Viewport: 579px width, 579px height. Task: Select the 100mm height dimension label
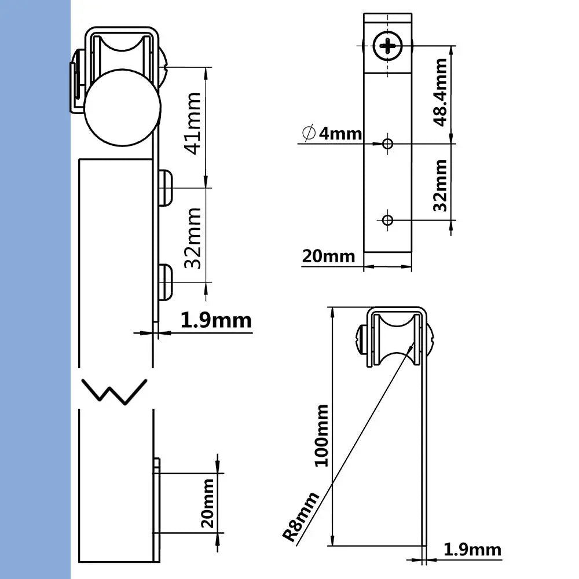(320, 435)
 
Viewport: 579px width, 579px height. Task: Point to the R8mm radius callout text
(302, 516)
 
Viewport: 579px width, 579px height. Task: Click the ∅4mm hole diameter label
(332, 134)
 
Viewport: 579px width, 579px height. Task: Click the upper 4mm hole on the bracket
(387, 142)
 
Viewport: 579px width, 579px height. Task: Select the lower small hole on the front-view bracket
(387, 219)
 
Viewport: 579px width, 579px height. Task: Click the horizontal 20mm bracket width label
(328, 255)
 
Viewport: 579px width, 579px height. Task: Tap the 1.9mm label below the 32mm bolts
(215, 320)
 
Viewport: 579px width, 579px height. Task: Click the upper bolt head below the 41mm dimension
(166, 188)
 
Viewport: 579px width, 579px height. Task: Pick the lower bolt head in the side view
(166, 283)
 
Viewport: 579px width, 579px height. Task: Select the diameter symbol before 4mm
(308, 134)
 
